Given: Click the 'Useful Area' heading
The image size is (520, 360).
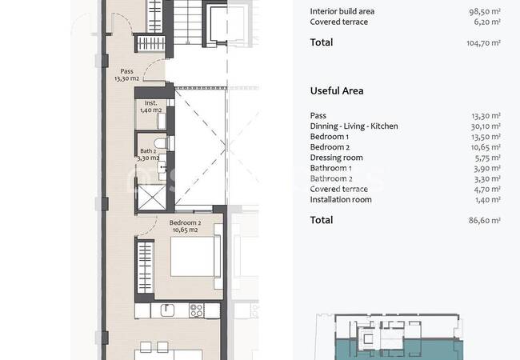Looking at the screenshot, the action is (337, 91).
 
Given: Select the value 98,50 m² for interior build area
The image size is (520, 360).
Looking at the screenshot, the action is (485, 11).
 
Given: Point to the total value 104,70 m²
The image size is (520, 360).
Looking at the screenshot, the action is (483, 42).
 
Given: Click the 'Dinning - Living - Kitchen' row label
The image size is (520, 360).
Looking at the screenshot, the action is (354, 126).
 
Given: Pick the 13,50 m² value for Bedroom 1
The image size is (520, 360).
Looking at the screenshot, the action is (486, 137).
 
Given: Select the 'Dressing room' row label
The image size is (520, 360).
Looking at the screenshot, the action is (336, 158).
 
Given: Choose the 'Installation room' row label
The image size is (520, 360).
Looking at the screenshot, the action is (341, 199).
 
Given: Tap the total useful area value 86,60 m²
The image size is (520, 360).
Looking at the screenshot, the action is (485, 220).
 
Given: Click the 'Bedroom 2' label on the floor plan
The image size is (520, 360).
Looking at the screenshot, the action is (185, 222).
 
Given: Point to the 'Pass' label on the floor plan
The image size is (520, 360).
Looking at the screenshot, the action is (126, 71).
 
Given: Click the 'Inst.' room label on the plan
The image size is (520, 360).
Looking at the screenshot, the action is (151, 103).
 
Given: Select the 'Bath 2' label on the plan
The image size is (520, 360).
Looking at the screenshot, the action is (148, 151).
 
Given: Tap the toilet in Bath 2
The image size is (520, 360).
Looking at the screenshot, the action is (161, 143).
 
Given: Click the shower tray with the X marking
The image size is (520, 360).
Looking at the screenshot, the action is (152, 198).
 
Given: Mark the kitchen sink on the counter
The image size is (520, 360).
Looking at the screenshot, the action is (167, 310).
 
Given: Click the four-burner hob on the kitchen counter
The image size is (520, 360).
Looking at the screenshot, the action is (196, 310).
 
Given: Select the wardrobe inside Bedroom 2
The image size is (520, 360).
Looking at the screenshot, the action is (146, 267).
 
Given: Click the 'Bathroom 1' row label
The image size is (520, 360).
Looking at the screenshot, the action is (330, 168).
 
